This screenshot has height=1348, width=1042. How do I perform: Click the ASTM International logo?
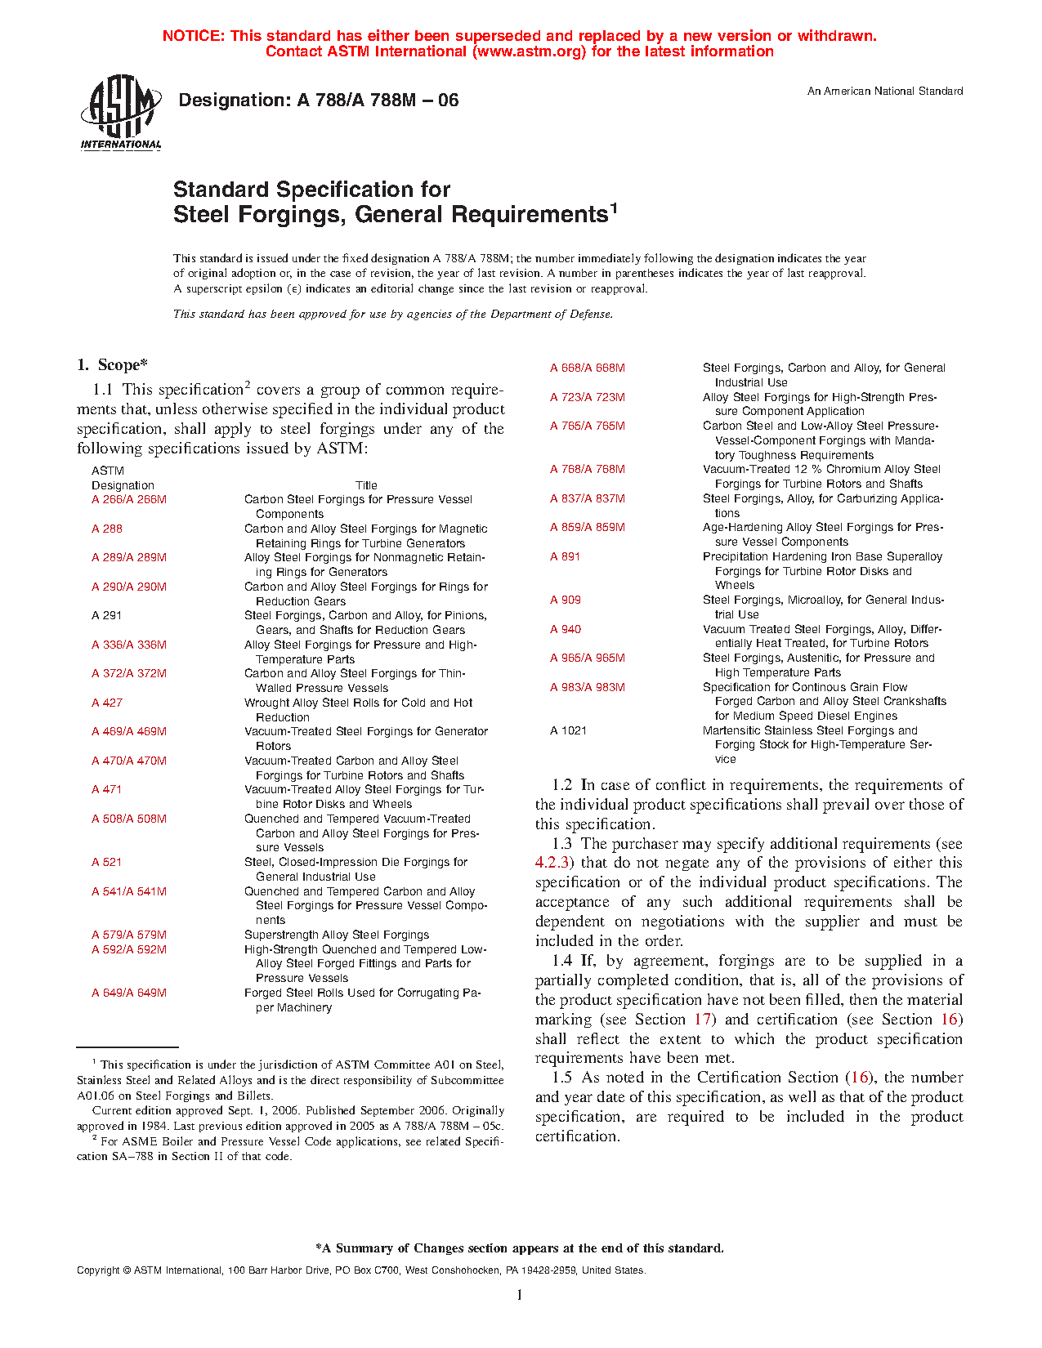tap(121, 113)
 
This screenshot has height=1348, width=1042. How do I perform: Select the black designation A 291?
tap(107, 615)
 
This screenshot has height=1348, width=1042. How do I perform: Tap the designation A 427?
tap(107, 703)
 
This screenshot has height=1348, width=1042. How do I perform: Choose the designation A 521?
tap(107, 862)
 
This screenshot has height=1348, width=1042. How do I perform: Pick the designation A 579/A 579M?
tap(129, 935)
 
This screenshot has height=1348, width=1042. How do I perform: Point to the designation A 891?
tap(566, 556)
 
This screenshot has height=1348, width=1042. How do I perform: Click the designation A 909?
tap(566, 600)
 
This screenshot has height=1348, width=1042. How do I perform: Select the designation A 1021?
tap(569, 730)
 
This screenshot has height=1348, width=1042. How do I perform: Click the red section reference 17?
tap(703, 1020)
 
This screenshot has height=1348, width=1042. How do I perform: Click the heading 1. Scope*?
tap(113, 365)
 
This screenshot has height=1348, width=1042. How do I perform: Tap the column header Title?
tap(366, 485)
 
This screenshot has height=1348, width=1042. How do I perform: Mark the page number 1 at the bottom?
tap(519, 1295)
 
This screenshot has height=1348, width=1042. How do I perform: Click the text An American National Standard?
tap(885, 92)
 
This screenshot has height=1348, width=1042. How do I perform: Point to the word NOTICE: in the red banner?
tap(194, 36)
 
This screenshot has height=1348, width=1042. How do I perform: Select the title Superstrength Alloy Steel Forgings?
tap(337, 935)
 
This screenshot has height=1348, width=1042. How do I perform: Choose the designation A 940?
tap(566, 629)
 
